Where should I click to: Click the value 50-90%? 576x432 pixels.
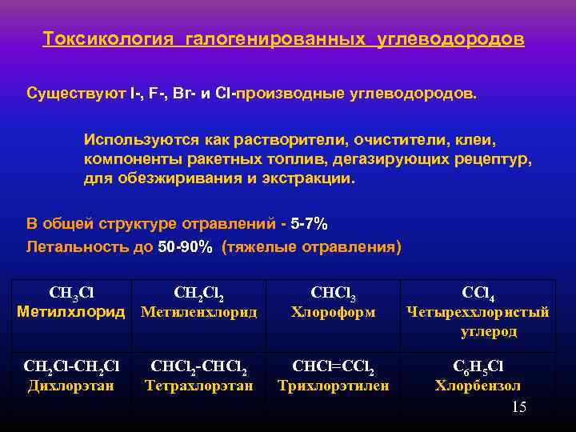[x=186, y=247]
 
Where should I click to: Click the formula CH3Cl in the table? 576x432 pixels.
[x=71, y=292]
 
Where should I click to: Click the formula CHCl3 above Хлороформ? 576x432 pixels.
[x=333, y=293]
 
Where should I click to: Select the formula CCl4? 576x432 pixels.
[x=478, y=293]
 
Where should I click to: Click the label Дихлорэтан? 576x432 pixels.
[x=71, y=386]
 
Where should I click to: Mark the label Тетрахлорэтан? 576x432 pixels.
[x=199, y=386]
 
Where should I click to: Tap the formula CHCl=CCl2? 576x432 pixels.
[x=333, y=368]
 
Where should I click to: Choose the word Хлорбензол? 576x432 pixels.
[x=478, y=386]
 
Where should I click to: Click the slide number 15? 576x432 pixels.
[x=518, y=408]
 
